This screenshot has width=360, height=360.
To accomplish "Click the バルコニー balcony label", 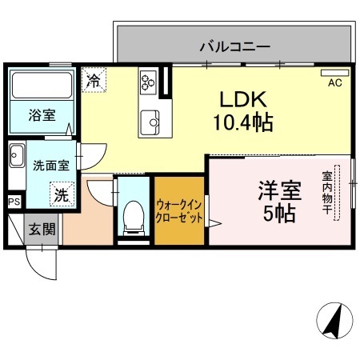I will click(x=234, y=46).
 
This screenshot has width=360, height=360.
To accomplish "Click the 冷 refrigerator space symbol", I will click(x=94, y=80).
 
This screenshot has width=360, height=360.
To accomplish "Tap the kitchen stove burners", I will click(x=148, y=82).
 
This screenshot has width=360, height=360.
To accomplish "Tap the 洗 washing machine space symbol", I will click(x=62, y=193).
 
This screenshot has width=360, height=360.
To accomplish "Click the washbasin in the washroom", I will click(x=15, y=155).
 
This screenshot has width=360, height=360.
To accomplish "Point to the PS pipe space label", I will click(x=14, y=202).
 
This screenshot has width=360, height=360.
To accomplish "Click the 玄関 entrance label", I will click(x=42, y=230).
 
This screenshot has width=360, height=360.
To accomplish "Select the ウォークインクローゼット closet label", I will click(x=179, y=211).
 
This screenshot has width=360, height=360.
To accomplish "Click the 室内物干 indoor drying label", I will click(x=328, y=190).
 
